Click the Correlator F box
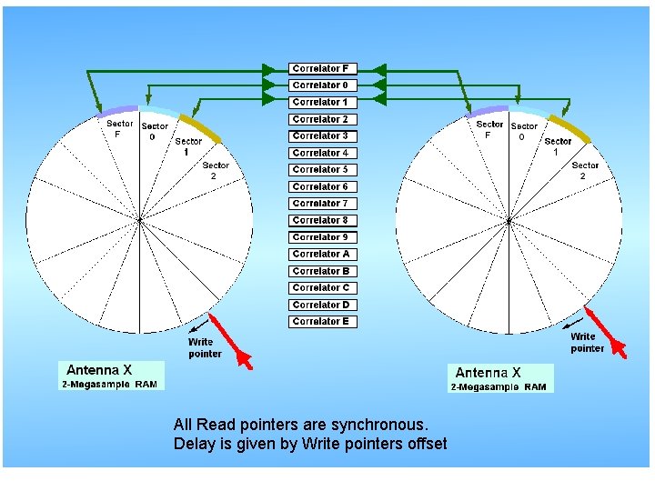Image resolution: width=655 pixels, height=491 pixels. pyautogui.click(x=320, y=68)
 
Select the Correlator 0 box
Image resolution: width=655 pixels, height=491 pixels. pyautogui.click(x=320, y=85)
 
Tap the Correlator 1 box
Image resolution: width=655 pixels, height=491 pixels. pyautogui.click(x=320, y=102)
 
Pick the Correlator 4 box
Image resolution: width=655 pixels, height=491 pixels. pyautogui.click(x=320, y=153)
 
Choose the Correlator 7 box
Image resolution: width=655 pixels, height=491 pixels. pyautogui.click(x=320, y=204)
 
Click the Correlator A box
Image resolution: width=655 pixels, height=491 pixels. pyautogui.click(x=320, y=255)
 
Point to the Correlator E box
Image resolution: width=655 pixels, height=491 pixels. pyautogui.click(x=320, y=322)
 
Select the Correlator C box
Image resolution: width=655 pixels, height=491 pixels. pyautogui.click(x=320, y=288)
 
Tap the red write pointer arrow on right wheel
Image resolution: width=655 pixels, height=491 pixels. pyautogui.click(x=605, y=332)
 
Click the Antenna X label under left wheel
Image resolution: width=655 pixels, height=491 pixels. pyautogui.click(x=99, y=370)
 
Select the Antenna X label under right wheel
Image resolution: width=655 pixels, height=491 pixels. pyautogui.click(x=488, y=373)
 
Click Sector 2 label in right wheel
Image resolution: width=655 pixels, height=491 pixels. pyautogui.click(x=585, y=170)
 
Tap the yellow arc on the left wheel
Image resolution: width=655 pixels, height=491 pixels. pyautogui.click(x=201, y=129)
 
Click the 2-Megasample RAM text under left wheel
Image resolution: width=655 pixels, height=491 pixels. pyautogui.click(x=109, y=385)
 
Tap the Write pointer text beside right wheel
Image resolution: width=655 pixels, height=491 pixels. pyautogui.click(x=587, y=343)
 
